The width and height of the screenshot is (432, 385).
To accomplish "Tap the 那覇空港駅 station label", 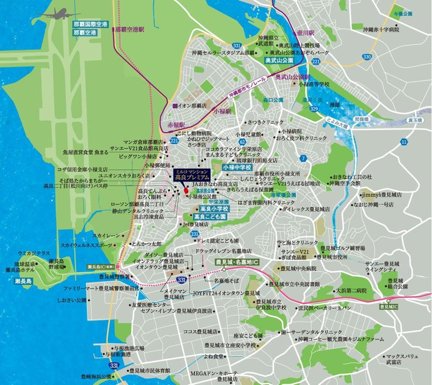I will click(129, 29).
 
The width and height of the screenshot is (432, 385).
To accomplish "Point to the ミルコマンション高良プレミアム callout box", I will click(192, 175).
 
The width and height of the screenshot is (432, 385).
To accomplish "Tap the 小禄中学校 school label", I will click(237, 167).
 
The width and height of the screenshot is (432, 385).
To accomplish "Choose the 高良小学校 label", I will click(211, 208).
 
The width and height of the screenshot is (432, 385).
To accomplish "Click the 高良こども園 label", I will click(210, 217).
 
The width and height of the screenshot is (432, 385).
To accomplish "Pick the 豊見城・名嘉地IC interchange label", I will click(237, 262).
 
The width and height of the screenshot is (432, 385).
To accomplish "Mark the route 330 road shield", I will click(367, 57).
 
